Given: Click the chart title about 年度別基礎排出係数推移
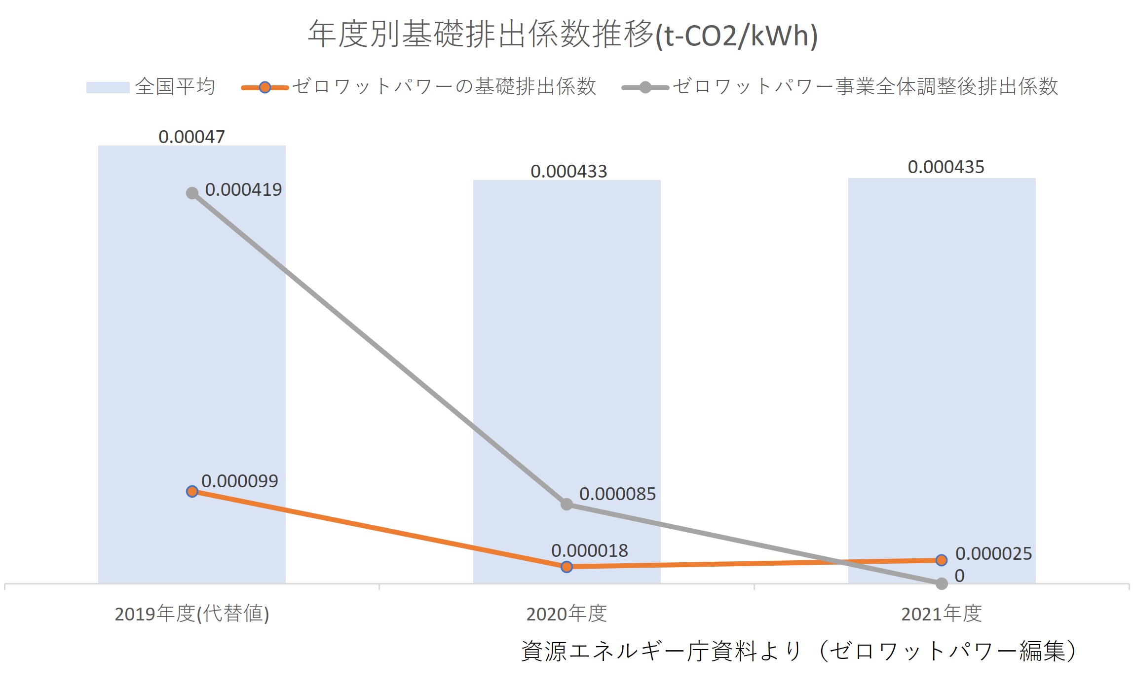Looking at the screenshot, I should (563, 35).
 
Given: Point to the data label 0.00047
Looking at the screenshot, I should (191, 137).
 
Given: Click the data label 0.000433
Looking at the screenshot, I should (568, 171).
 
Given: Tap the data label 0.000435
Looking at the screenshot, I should (945, 167).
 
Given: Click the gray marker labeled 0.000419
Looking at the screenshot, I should (192, 193).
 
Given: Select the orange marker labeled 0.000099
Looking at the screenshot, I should (192, 491).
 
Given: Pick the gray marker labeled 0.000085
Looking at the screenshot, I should (567, 504).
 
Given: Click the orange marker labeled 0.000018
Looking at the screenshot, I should (567, 567).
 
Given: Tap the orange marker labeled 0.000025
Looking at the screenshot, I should (941, 560).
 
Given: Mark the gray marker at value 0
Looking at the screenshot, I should (942, 583).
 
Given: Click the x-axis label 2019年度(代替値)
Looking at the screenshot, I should (191, 614).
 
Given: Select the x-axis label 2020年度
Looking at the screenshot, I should (567, 614).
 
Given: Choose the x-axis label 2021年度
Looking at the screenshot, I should (941, 614).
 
